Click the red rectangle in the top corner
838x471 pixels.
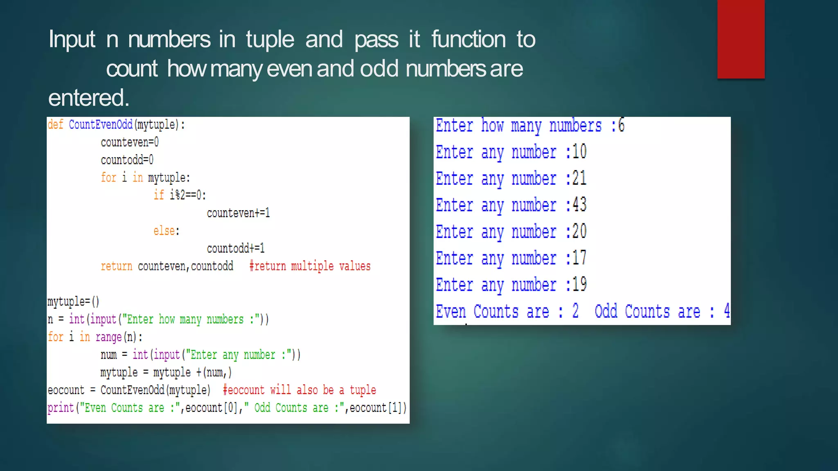point(741,39)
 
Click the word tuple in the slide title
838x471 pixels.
point(270,40)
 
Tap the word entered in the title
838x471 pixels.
point(88,98)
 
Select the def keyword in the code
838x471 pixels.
point(55,124)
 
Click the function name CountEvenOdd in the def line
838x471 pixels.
point(101,124)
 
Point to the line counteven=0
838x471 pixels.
point(130,142)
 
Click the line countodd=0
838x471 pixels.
point(127,160)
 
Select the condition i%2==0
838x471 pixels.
point(187,195)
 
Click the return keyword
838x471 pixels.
point(117,266)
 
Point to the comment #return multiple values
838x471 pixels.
point(310,266)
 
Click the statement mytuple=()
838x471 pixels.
point(73,302)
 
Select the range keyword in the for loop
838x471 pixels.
point(108,337)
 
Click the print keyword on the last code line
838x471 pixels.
point(61,408)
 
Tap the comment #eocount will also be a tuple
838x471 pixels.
point(299,390)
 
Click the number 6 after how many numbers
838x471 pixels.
point(621,125)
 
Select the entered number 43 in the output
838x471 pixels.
point(579,205)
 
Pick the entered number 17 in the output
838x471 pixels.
point(579,258)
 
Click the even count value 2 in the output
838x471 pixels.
point(575,311)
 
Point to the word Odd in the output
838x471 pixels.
point(606,311)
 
